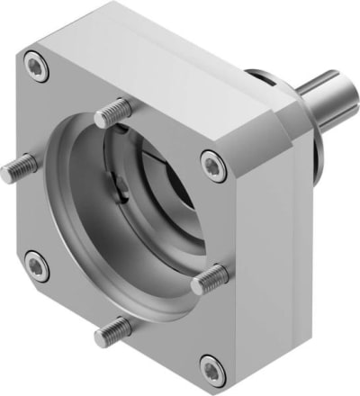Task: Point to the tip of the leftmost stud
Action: pyautogui.click(x=7, y=175)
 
